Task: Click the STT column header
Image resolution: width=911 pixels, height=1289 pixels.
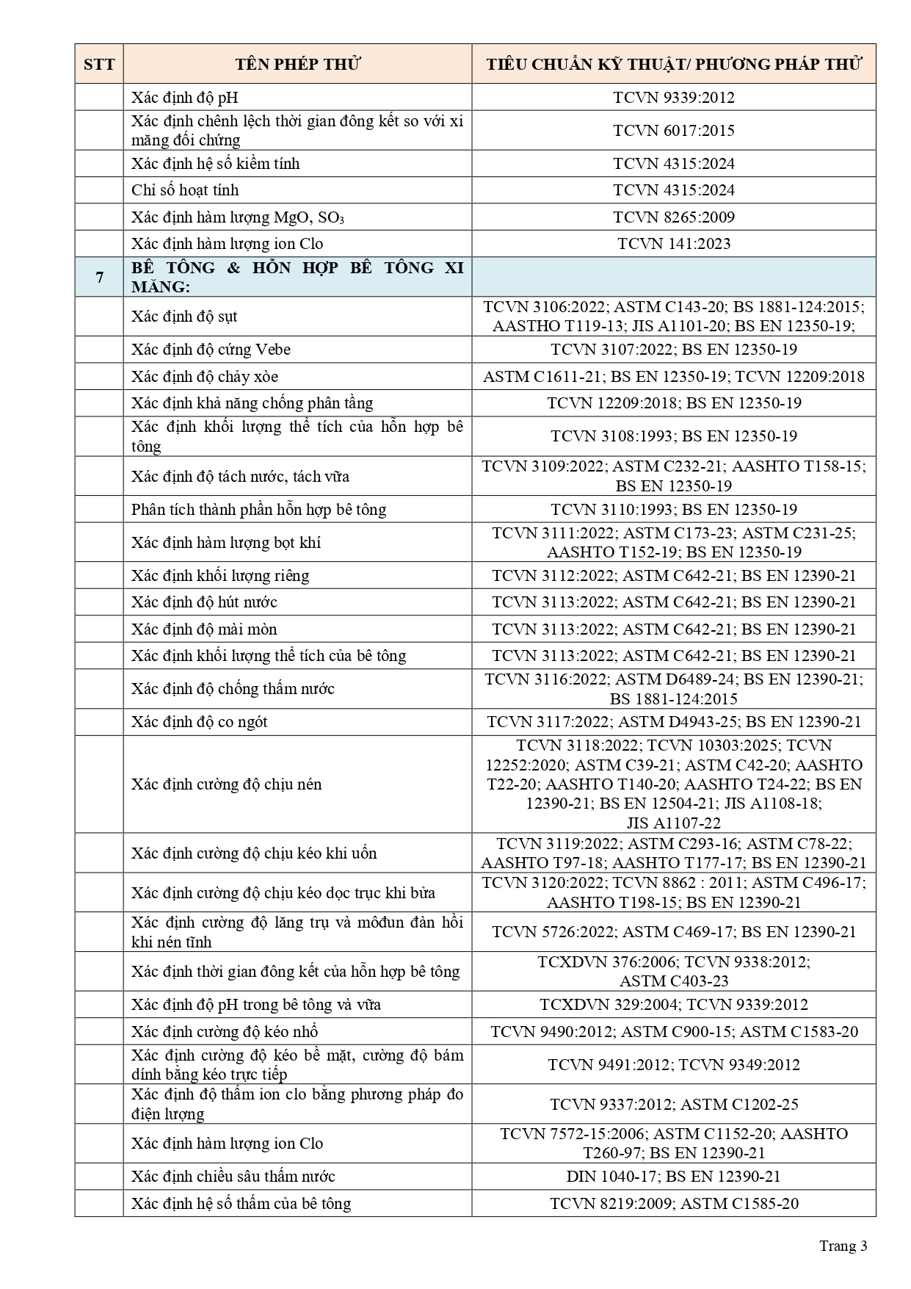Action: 99,65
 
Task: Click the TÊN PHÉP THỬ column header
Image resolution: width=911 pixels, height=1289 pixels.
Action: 297,65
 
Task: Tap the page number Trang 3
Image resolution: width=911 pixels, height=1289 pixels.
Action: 843,1246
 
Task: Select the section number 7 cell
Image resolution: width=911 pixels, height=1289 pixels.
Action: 99,277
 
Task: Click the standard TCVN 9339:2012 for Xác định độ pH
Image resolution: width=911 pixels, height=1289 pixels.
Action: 673,98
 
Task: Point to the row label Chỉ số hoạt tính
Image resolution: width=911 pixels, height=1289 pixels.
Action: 185,190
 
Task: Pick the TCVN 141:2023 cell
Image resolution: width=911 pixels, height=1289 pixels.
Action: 673,244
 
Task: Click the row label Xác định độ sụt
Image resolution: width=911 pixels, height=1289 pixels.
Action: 184,317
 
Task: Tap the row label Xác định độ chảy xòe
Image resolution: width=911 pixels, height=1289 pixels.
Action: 205,377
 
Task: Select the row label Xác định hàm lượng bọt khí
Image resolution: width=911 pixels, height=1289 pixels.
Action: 226,543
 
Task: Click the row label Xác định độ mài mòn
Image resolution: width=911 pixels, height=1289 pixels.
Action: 204,629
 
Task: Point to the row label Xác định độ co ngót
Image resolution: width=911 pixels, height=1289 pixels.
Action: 199,722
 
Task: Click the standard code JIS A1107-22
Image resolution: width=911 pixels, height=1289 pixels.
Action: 673,823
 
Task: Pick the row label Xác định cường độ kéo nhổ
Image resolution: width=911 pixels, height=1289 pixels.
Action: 225,1032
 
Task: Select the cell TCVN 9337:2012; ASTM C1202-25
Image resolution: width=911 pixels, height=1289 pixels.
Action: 673,1105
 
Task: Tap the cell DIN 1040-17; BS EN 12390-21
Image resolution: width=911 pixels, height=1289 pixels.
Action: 673,1177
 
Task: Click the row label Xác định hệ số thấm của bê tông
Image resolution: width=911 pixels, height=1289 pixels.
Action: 241,1204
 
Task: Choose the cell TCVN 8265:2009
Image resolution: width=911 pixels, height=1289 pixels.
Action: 673,217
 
